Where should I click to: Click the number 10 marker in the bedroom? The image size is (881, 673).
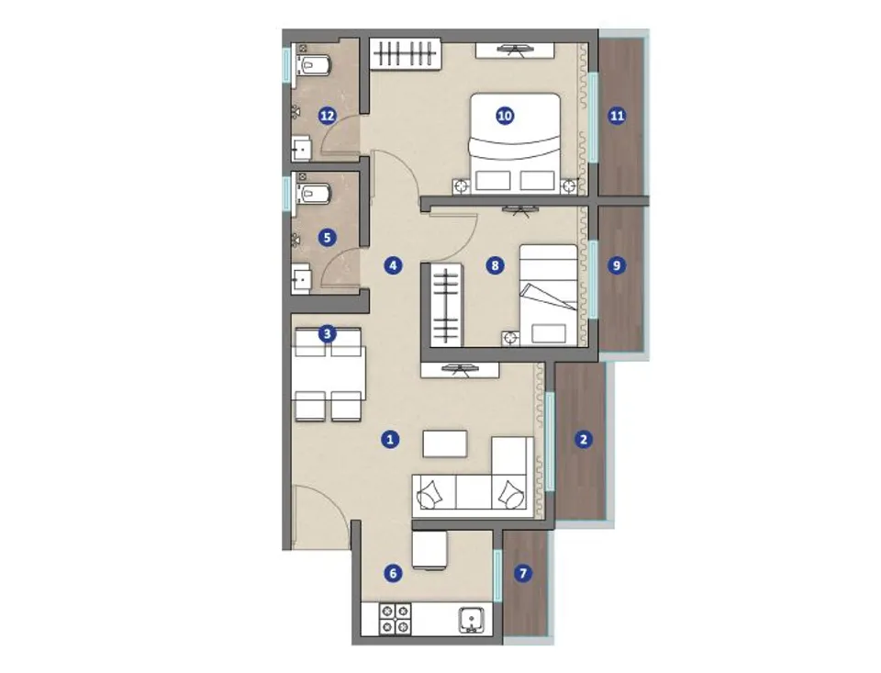click(505, 116)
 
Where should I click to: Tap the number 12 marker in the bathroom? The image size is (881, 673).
click(327, 116)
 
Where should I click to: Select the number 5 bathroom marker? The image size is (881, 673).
click(327, 237)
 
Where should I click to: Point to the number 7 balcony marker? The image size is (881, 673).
click(523, 573)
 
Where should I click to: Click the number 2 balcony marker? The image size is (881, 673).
click(584, 439)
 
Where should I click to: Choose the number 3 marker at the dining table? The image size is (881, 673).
click(327, 334)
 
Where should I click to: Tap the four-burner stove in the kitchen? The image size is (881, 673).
click(396, 619)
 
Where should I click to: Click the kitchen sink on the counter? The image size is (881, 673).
click(471, 620)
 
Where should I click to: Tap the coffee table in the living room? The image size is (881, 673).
click(445, 444)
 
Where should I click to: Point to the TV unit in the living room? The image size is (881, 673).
click(460, 370)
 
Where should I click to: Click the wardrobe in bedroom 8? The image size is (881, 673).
click(447, 305)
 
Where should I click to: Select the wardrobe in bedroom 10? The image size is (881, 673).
click(405, 53)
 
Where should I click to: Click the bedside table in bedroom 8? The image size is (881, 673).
click(511, 338)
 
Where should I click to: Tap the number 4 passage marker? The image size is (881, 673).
click(393, 264)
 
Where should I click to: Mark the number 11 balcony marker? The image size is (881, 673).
click(617, 116)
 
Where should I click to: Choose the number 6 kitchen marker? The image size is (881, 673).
click(393, 573)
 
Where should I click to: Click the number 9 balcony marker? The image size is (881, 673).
click(617, 264)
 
